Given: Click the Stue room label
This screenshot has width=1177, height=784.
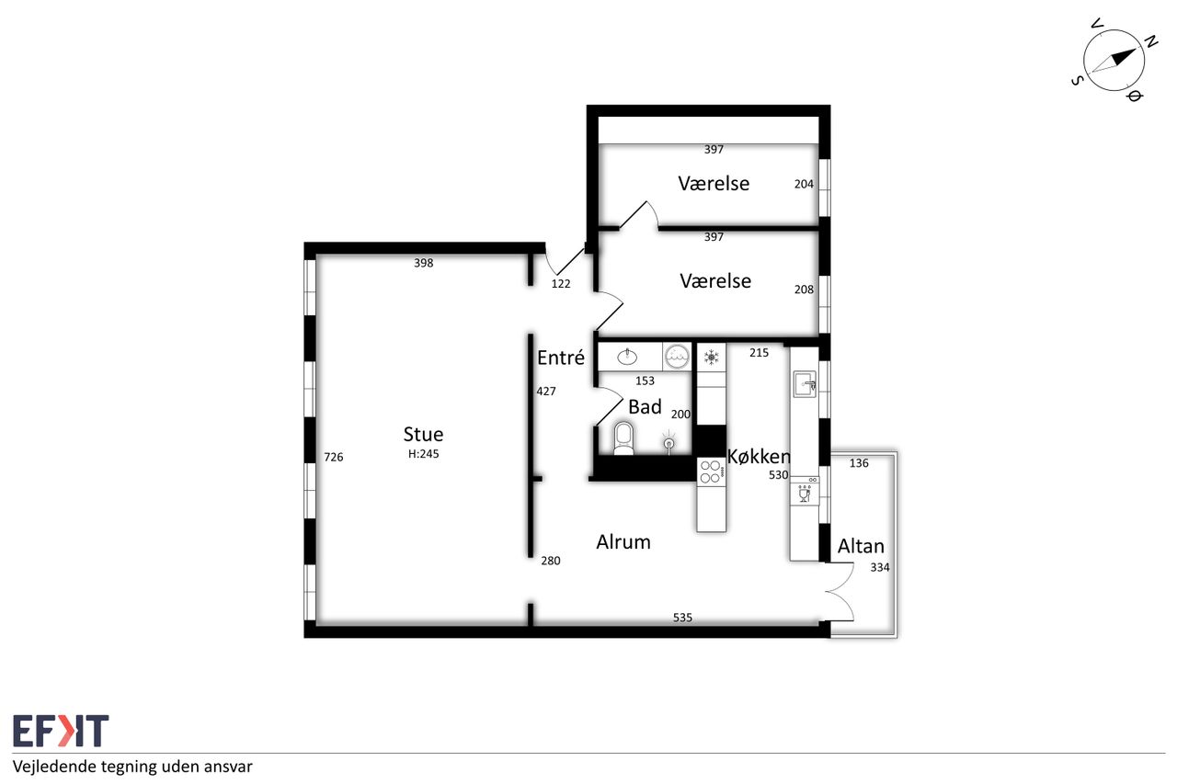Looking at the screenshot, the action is [423, 434].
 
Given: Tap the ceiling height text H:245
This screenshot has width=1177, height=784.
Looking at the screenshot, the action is [424, 454].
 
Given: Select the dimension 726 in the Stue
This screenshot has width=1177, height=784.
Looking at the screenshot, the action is [333, 458].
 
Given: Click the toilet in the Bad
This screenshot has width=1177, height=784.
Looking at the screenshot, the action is [623, 438].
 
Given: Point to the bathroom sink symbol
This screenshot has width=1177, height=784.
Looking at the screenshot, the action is [627, 358].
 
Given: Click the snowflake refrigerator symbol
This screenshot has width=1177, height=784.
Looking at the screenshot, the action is [712, 358].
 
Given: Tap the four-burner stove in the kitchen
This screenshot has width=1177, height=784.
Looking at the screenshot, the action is [712, 471].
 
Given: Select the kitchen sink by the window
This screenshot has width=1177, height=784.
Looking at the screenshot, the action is [805, 384].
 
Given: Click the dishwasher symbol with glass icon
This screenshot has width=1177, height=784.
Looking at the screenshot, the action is [805, 492].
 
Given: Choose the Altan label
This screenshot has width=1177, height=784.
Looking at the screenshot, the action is [861, 546].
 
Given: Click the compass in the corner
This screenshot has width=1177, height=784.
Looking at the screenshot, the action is [1114, 61].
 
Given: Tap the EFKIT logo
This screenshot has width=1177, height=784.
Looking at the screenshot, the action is [61, 731].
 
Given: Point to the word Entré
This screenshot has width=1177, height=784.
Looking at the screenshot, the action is [561, 358].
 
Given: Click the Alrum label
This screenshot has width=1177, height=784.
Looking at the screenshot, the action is [623, 542].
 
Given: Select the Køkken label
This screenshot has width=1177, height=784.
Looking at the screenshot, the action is [759, 457].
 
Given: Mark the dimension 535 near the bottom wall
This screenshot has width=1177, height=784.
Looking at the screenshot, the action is [682, 618].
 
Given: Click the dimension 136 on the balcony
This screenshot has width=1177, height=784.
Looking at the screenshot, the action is [859, 463].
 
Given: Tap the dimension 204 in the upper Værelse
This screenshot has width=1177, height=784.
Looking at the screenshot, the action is [804, 185].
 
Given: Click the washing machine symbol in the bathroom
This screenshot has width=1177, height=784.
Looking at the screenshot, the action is [677, 358].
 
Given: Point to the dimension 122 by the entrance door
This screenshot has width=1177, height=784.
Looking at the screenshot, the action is [561, 284].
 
